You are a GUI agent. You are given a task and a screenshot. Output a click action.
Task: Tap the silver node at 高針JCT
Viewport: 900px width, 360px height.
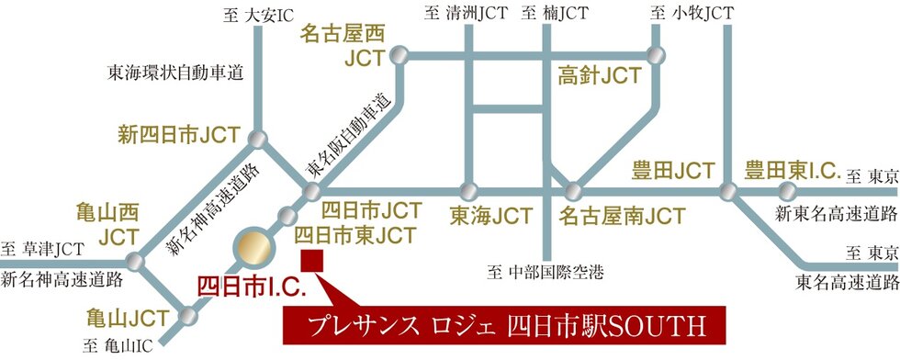click(x=655, y=55)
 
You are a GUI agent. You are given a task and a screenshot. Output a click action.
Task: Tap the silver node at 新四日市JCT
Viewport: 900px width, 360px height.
click(x=259, y=139)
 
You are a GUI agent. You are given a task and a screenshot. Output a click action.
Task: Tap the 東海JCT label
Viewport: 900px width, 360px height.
click(x=490, y=217)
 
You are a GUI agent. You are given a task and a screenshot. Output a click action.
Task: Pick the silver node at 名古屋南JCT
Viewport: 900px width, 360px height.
click(x=573, y=192)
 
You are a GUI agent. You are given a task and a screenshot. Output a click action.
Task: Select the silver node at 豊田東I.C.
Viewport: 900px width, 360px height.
click(x=786, y=192)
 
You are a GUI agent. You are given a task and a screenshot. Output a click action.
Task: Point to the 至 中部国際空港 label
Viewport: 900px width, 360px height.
click(x=546, y=271)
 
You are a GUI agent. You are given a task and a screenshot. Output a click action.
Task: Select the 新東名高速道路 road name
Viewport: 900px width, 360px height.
click(x=836, y=214)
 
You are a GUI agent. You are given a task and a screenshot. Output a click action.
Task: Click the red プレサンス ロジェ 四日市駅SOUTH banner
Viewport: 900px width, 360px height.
click(x=503, y=325)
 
